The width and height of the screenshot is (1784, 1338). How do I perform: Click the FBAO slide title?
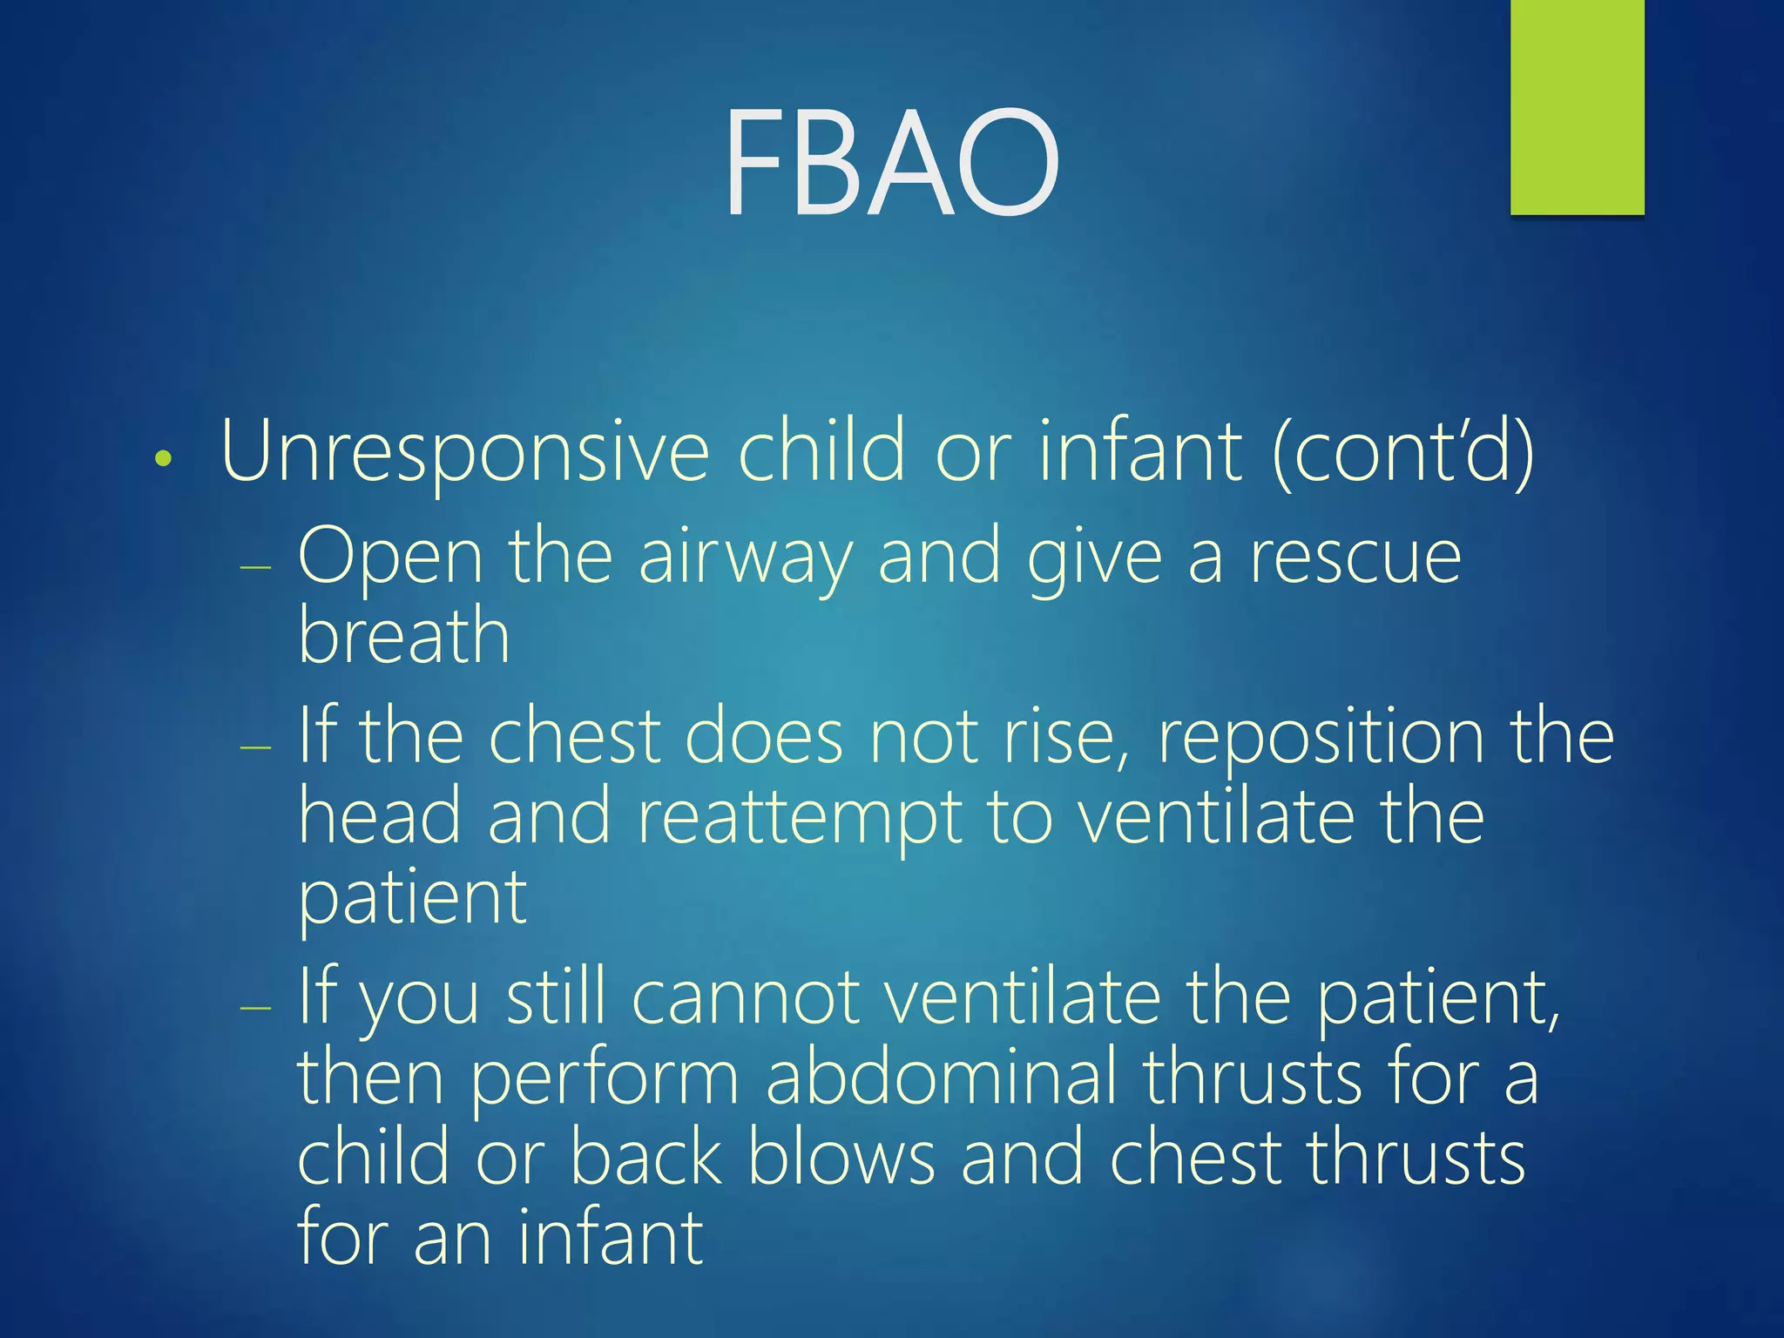pyautogui.click(x=892, y=163)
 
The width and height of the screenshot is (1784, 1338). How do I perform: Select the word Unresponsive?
pyautogui.click(x=465, y=453)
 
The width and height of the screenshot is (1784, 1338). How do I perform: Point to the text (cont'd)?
pyautogui.click(x=1402, y=453)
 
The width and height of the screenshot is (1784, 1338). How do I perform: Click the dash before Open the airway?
pyautogui.click(x=255, y=567)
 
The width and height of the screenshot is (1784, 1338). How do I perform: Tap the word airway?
pyautogui.click(x=745, y=559)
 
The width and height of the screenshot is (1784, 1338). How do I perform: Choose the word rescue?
pyautogui.click(x=1355, y=557)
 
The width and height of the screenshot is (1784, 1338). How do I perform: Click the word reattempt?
pyautogui.click(x=800, y=819)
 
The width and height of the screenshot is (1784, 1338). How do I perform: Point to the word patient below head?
pyautogui.click(x=412, y=899)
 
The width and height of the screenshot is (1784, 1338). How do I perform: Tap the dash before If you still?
pyautogui.click(x=255, y=1007)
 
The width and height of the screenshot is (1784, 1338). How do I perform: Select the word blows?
pyautogui.click(x=841, y=1157)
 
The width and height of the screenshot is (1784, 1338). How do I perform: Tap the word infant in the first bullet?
pyautogui.click(x=1139, y=451)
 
